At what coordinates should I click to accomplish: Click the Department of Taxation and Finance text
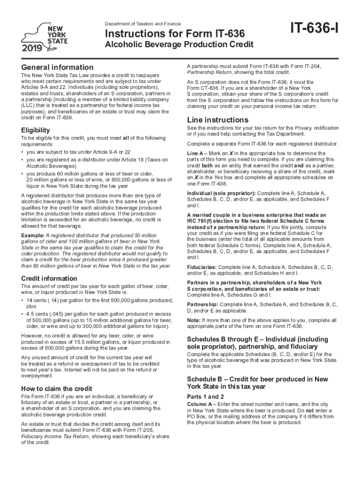pyautogui.click(x=143, y=24)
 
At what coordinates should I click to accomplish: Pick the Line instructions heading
pyautogui.click(x=217, y=119)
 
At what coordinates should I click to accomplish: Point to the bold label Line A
pyautogui.click(x=195, y=154)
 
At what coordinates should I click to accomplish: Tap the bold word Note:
pyautogui.click(x=193, y=320)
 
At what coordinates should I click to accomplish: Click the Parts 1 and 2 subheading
pyautogui.click(x=204, y=396)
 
